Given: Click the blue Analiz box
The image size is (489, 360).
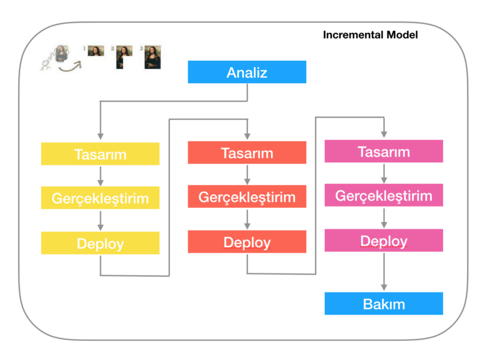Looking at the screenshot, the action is point(247,72).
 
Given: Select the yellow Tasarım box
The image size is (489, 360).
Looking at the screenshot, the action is point(100,154).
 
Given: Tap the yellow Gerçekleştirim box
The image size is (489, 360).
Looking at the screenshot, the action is point(100,198).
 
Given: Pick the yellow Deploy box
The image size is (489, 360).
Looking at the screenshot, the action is point(100,243).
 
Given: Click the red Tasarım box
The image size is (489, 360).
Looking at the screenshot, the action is point(247,152).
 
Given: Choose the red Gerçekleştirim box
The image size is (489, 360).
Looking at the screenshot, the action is point(247,197).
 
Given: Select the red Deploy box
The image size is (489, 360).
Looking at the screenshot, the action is point(247,241).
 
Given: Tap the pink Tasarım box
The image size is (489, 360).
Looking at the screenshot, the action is point(384,151).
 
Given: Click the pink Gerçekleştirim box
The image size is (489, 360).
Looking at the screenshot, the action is point(384,195).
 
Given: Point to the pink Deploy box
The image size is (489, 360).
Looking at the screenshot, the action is point(384,240).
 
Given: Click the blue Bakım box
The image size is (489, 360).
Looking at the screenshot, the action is point(384,303).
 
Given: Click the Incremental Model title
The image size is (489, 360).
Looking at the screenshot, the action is point(370,34).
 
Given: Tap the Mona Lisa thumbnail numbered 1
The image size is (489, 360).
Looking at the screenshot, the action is point(95,51).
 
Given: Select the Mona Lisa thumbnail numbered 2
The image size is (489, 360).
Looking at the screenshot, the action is point(124,57).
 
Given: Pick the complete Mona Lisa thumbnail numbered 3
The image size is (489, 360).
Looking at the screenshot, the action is point(153,57).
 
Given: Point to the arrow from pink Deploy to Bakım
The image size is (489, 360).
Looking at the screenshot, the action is point(384,272).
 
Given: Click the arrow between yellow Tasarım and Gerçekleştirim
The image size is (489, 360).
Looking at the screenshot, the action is point(100,176).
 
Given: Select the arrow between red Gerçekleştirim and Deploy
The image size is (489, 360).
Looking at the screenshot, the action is point(247,219).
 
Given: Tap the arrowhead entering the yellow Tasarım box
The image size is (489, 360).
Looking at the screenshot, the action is point(100,137).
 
